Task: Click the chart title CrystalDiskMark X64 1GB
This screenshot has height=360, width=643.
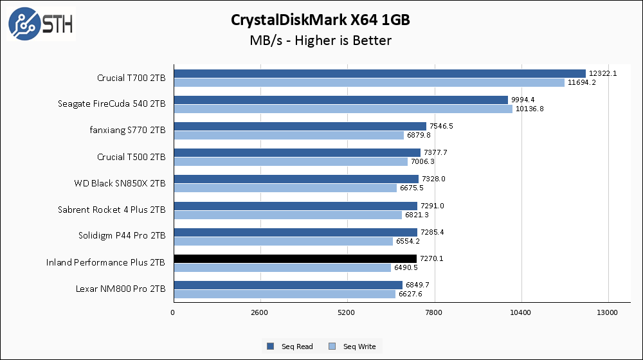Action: click(320, 20)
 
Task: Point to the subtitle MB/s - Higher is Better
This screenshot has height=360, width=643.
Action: click(320, 40)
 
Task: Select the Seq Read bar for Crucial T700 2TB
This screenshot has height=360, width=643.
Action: click(379, 73)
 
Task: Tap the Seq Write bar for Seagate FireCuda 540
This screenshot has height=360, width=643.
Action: click(343, 109)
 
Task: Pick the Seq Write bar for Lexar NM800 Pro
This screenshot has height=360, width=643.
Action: click(284, 294)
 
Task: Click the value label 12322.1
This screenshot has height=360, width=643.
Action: click(602, 73)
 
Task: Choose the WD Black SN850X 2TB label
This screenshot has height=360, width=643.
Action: click(120, 183)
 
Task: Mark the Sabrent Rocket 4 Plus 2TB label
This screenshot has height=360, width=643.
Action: click(111, 210)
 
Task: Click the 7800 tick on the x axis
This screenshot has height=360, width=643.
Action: click(434, 313)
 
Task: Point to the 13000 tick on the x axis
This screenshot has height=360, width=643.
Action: click(608, 313)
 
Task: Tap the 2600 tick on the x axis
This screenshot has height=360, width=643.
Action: click(260, 313)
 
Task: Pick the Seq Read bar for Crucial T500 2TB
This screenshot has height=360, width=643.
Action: click(296, 152)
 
